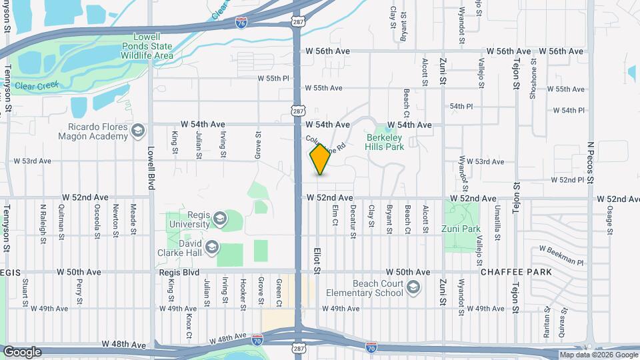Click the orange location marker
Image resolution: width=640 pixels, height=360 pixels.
tap(321, 159)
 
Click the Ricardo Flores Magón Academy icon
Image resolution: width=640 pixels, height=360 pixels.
tap(138, 130)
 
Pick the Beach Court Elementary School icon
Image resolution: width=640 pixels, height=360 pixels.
tap(413, 287)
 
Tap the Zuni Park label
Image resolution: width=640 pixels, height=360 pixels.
tap(461, 229)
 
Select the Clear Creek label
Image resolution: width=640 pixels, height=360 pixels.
tap(37, 85)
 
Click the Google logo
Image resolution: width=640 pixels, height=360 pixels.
tap(22, 352)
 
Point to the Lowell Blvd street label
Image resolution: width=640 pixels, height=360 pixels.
tap(151, 168)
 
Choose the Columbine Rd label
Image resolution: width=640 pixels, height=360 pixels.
tap(327, 141)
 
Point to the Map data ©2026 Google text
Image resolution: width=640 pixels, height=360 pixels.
tap(597, 355)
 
